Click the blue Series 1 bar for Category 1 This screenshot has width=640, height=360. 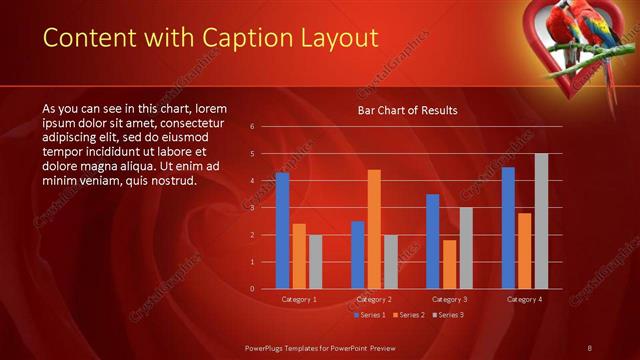click(283, 231)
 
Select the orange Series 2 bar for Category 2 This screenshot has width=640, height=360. click(374, 229)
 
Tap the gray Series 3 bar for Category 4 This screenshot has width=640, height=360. click(541, 221)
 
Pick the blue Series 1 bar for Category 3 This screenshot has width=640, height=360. click(432, 241)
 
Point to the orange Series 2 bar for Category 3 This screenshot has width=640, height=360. click(449, 264)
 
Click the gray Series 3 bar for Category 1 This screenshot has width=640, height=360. click(316, 261)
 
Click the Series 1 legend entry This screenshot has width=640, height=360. click(370, 315)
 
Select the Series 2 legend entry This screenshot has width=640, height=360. click(408, 315)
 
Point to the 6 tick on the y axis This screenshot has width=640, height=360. click(252, 127)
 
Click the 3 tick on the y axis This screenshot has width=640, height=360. click(252, 208)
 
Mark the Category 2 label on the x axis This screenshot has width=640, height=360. click(374, 299)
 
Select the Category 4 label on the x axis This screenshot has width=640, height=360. click(524, 299)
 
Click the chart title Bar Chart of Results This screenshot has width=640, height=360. click(408, 111)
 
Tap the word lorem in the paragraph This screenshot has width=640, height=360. click(215, 108)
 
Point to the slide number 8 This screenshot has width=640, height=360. click(589, 347)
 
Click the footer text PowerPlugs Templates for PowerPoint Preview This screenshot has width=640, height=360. click(319, 347)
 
